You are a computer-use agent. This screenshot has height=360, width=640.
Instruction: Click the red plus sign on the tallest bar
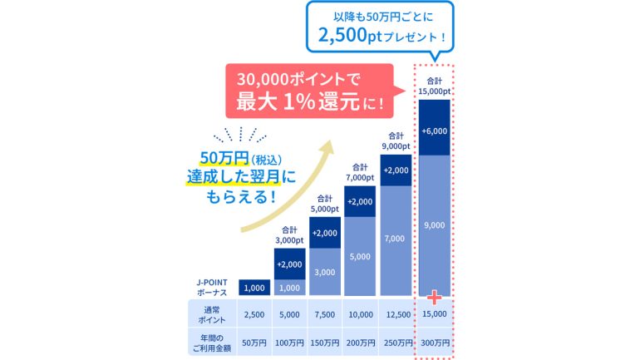432,297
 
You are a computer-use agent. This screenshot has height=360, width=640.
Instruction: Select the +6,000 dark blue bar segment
434,131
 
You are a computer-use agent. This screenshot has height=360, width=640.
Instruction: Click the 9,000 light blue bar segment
434,224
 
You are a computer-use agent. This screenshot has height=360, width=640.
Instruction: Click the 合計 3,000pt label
289,235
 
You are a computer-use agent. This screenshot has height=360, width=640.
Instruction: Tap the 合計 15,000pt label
434,86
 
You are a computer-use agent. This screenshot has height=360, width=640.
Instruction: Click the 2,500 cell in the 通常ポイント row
254,314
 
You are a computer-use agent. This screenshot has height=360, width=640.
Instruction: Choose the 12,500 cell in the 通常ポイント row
398,314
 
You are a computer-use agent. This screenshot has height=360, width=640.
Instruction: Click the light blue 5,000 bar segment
360,257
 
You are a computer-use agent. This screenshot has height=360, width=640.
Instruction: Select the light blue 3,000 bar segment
324,272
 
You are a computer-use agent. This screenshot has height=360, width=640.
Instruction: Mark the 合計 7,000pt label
360,171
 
